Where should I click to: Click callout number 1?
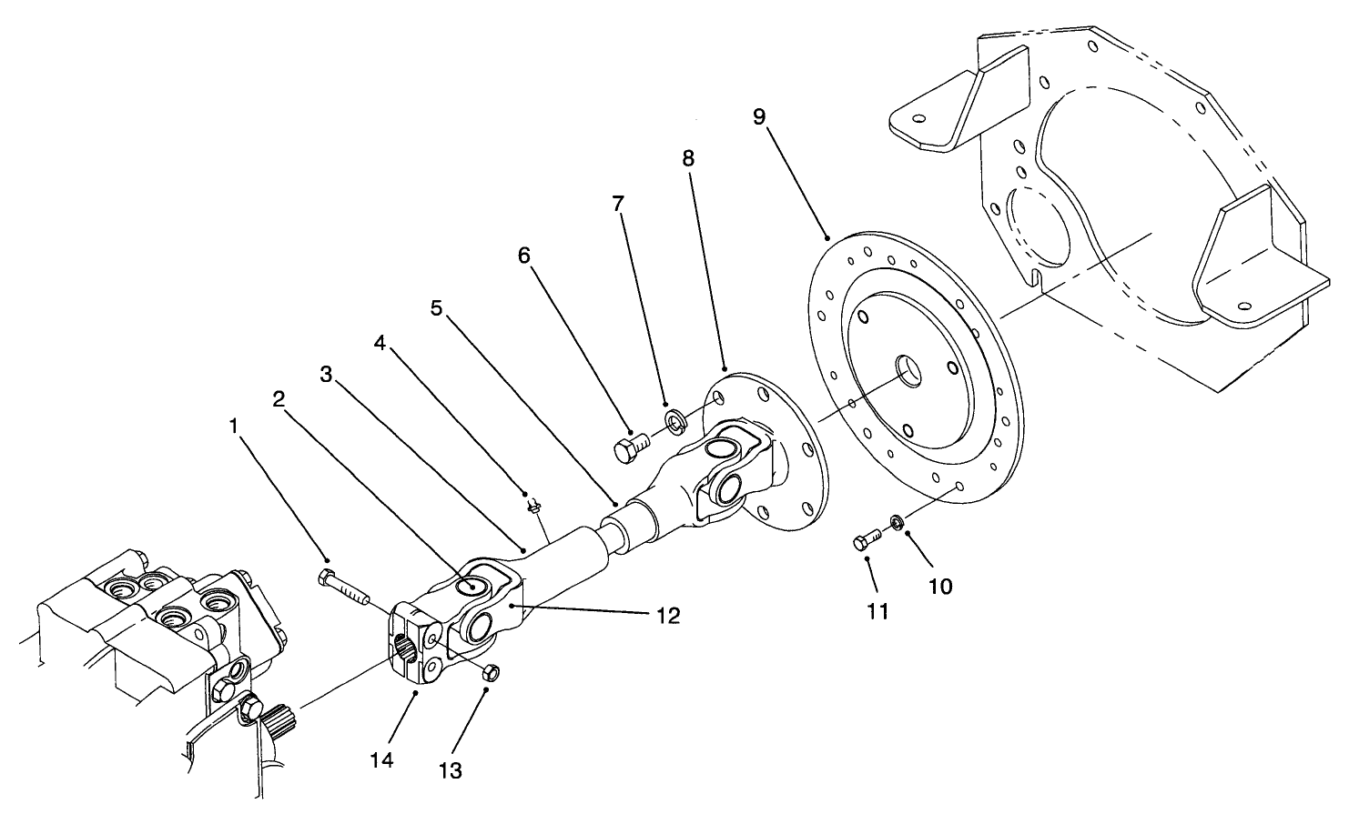[x=234, y=426]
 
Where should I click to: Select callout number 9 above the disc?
[x=760, y=117]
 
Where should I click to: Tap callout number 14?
[x=382, y=759]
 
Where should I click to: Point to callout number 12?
[x=667, y=616]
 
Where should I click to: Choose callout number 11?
[x=877, y=612]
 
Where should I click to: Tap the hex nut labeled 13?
[x=490, y=673]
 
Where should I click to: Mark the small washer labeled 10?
[x=897, y=522]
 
